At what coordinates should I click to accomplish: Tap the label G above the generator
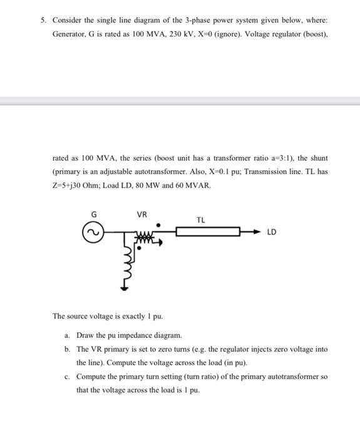[95, 214]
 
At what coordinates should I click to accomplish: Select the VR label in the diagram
[142, 214]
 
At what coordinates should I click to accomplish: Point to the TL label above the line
[200, 220]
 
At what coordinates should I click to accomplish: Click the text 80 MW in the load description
[162, 186]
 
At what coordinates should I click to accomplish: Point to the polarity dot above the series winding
[158, 223]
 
